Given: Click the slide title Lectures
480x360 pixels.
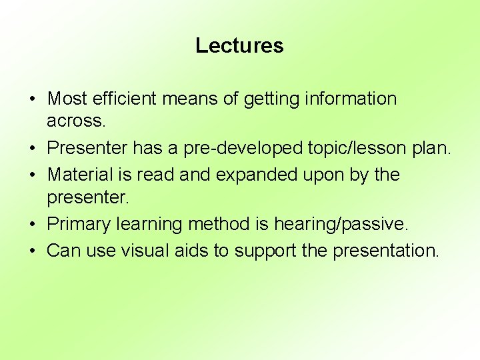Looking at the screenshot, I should (239, 45).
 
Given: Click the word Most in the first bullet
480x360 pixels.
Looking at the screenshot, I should (67, 99).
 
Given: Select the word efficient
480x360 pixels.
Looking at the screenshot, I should (121, 99).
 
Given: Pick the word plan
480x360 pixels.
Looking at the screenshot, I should (432, 147).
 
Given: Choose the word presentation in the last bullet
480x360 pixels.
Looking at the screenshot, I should (385, 251).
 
